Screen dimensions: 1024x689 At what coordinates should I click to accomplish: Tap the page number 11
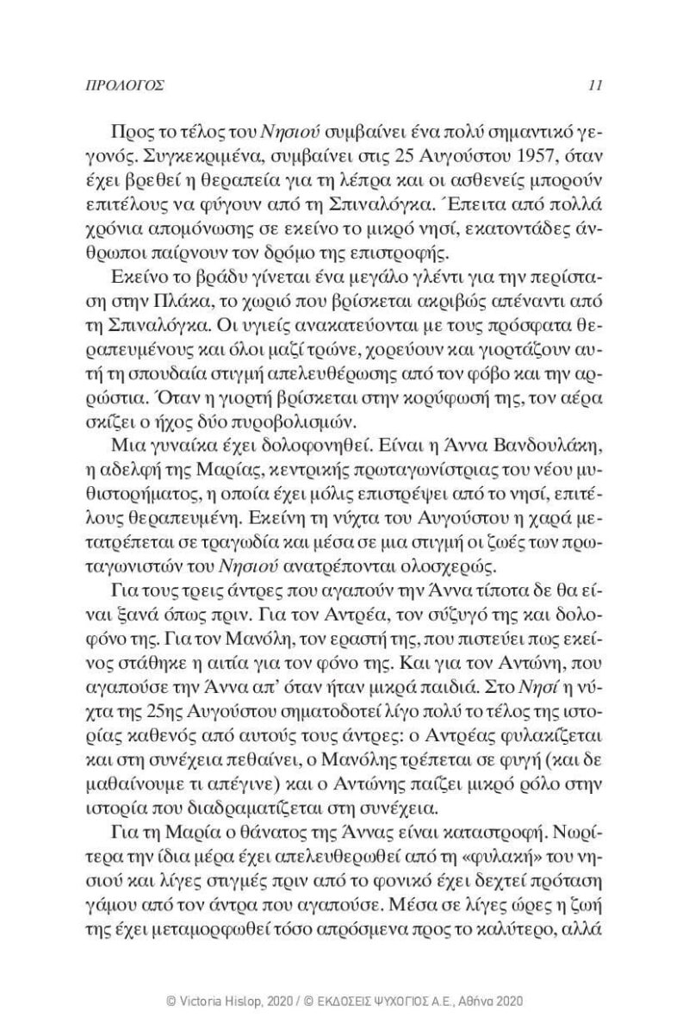(595, 86)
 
